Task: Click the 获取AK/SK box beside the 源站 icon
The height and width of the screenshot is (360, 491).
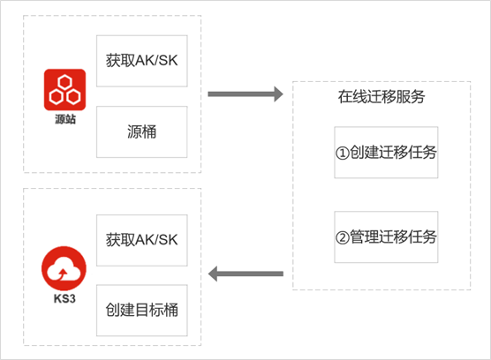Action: point(142,61)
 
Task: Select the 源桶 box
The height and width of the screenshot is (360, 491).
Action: point(142,131)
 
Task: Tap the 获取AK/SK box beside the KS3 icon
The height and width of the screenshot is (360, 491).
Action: point(142,240)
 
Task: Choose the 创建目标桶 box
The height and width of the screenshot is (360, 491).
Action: point(142,311)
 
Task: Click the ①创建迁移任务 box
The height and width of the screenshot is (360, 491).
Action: point(386,153)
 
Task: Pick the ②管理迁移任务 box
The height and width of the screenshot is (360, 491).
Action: point(386,236)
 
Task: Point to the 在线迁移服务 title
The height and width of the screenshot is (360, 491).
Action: point(381,97)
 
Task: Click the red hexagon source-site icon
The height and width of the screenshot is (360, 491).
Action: point(64,90)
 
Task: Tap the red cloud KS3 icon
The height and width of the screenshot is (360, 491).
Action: point(64,268)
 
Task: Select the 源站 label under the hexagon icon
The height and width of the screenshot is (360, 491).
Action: point(65,119)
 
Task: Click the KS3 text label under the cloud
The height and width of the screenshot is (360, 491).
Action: point(64,299)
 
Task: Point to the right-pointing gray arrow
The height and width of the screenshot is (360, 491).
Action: point(245,94)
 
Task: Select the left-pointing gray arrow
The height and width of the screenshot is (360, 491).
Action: point(245,274)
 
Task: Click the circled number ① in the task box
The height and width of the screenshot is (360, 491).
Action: point(343,154)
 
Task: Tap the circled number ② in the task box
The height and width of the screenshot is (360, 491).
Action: point(343,237)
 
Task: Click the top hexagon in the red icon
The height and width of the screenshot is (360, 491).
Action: point(65,82)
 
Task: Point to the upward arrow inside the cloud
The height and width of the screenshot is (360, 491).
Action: point(64,274)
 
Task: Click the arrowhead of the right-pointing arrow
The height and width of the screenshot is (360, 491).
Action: point(278,94)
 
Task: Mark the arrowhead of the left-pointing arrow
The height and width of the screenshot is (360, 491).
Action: point(213,274)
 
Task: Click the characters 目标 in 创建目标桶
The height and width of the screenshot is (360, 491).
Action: point(142,310)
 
